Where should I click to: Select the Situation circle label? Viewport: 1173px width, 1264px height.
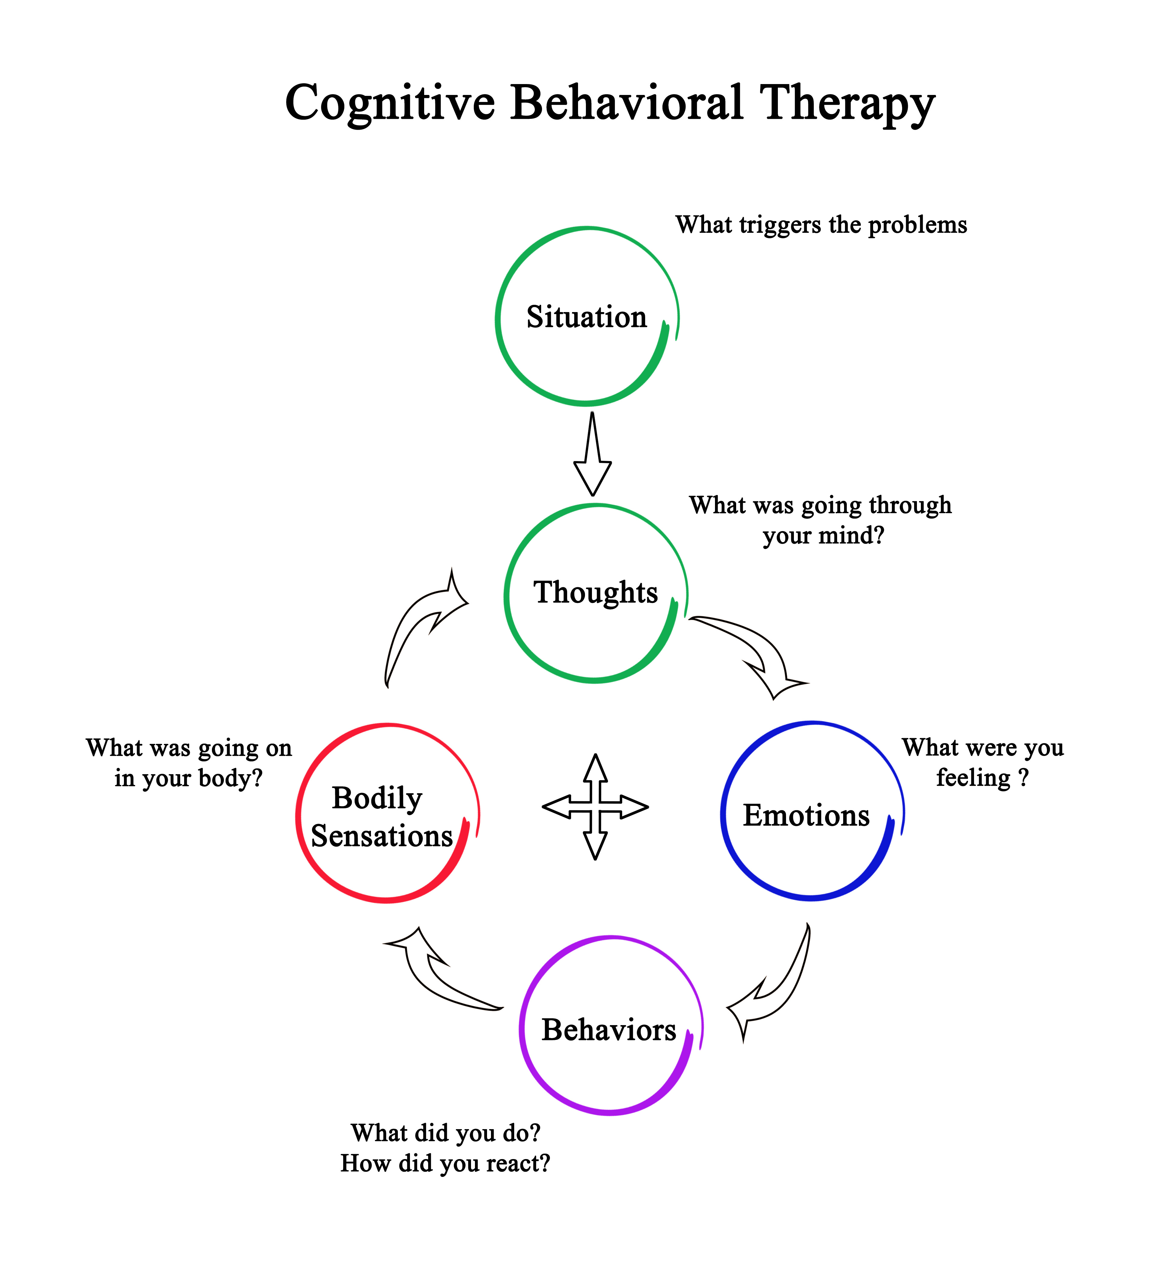point(586,317)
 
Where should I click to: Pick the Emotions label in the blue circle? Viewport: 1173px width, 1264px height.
point(806,816)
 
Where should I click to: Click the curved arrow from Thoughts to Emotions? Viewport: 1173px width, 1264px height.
point(759,654)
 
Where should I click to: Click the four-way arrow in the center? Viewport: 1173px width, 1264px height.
point(595,807)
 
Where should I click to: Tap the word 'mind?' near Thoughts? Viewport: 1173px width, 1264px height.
point(854,536)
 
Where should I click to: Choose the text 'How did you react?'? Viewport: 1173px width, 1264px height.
point(445,1163)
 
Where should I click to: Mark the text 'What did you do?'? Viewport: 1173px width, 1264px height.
point(445,1132)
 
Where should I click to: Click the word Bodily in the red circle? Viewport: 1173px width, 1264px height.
point(377,798)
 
